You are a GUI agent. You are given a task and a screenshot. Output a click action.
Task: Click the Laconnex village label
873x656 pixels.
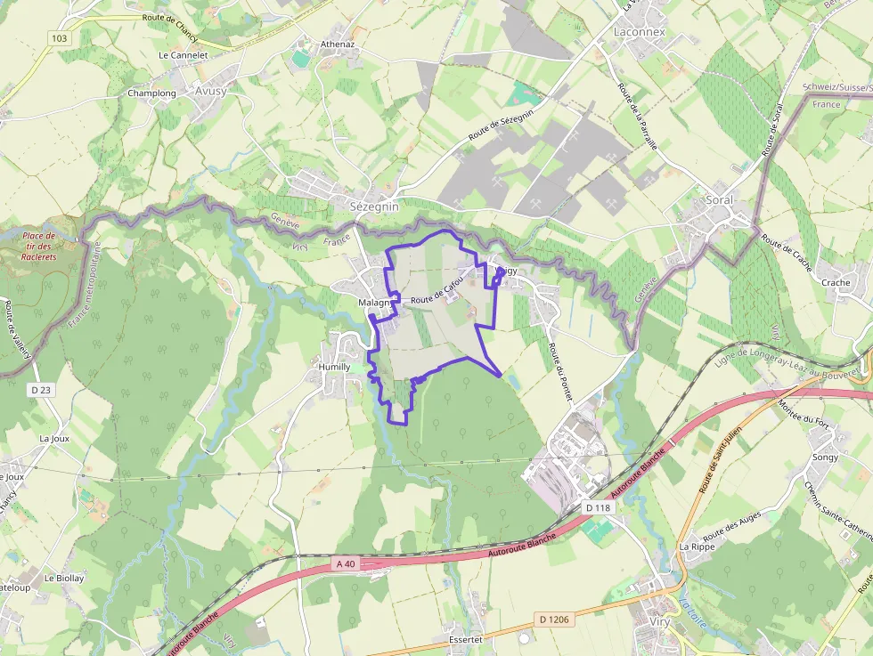click(x=639, y=31)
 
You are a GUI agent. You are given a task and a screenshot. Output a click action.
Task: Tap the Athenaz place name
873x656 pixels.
click(x=338, y=43)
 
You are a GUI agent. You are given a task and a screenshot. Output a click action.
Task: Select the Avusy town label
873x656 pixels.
click(x=210, y=91)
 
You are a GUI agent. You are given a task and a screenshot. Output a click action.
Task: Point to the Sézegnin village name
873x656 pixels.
click(x=374, y=206)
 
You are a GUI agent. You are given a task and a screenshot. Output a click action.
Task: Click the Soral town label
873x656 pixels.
click(x=719, y=199)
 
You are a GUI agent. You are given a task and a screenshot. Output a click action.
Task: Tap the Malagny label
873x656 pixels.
click(x=375, y=303)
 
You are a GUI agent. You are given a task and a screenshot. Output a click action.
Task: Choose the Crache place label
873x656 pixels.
click(x=836, y=282)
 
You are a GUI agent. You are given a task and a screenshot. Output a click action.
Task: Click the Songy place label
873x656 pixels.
click(x=825, y=457)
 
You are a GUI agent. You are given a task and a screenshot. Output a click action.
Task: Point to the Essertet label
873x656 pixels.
click(x=467, y=639)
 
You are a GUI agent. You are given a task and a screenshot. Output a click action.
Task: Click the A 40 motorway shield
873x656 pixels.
click(x=346, y=563)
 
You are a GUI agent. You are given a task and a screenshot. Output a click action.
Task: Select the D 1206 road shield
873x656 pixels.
click(x=554, y=618)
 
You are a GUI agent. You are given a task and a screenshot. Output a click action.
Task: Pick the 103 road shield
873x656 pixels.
click(x=59, y=37)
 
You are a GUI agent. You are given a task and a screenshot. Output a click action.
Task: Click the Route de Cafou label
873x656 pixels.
click(x=437, y=292)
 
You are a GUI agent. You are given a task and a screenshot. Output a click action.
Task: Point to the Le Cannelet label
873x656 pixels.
click(x=183, y=54)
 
